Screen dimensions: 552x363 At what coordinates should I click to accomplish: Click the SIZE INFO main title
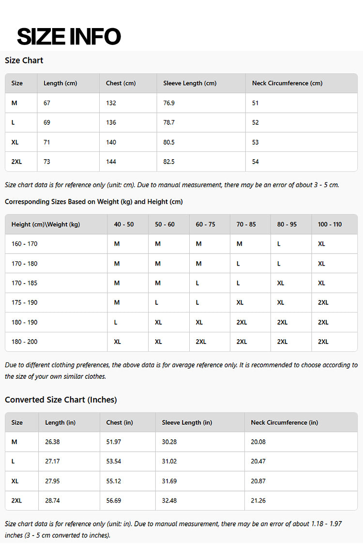coord(69,37)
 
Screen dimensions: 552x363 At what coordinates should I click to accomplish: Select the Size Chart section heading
coord(24,60)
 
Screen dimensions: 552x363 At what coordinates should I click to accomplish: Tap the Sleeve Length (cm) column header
coord(190,83)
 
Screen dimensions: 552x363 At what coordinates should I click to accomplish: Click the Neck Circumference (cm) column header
coord(287,83)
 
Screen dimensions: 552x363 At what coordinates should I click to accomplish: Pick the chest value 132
coord(111,103)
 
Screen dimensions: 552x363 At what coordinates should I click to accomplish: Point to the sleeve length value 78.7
coord(169,122)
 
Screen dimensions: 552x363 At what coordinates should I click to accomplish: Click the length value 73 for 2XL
coord(47,162)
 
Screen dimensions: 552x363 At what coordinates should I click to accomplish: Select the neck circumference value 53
coord(256,142)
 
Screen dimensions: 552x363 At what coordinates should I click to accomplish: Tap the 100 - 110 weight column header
coord(330,224)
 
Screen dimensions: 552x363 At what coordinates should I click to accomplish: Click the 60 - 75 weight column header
coord(206,224)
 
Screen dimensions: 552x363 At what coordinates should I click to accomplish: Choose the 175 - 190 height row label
coord(24,302)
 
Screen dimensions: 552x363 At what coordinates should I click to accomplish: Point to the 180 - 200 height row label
coord(24,342)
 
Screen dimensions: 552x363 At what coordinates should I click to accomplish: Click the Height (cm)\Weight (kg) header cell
coord(45,224)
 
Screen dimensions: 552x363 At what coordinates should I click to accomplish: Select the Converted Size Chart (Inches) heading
coord(61,400)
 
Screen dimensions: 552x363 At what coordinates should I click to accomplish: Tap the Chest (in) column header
coord(120,422)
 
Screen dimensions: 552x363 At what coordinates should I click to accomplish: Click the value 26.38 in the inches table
coord(52,442)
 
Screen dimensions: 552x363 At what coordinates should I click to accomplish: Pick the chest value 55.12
coord(114,481)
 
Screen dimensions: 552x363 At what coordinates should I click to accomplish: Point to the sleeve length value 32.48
coord(169,501)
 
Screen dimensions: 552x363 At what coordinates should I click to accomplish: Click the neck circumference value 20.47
coord(258,462)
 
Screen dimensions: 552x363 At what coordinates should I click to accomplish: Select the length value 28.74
coord(52,501)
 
